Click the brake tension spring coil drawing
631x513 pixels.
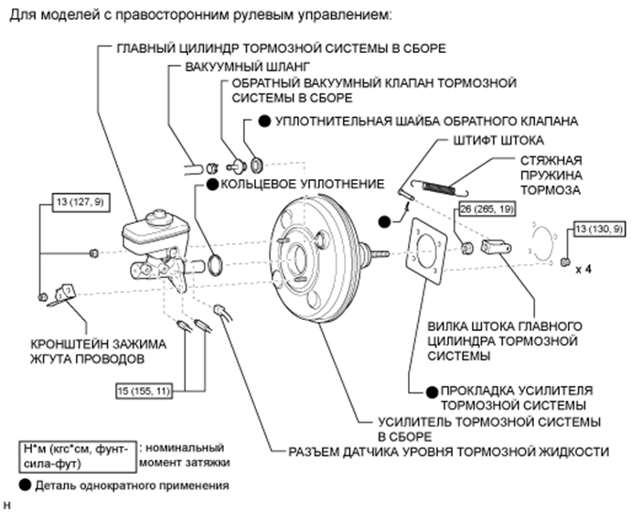coord(438,187)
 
